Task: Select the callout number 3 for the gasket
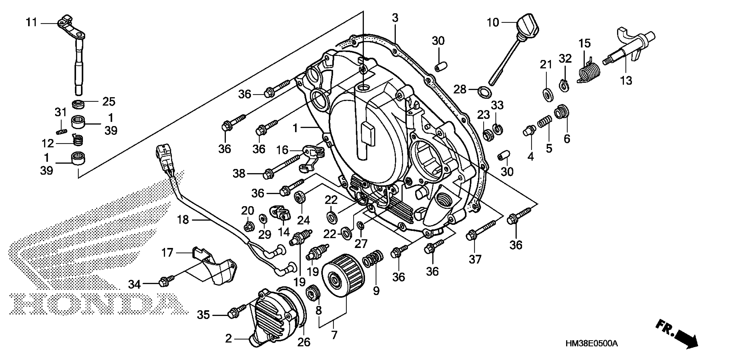pos(395,18)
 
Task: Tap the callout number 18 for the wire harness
pos(183,219)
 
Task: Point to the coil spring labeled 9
pos(373,260)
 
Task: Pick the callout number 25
pos(109,101)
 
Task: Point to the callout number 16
pos(282,150)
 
